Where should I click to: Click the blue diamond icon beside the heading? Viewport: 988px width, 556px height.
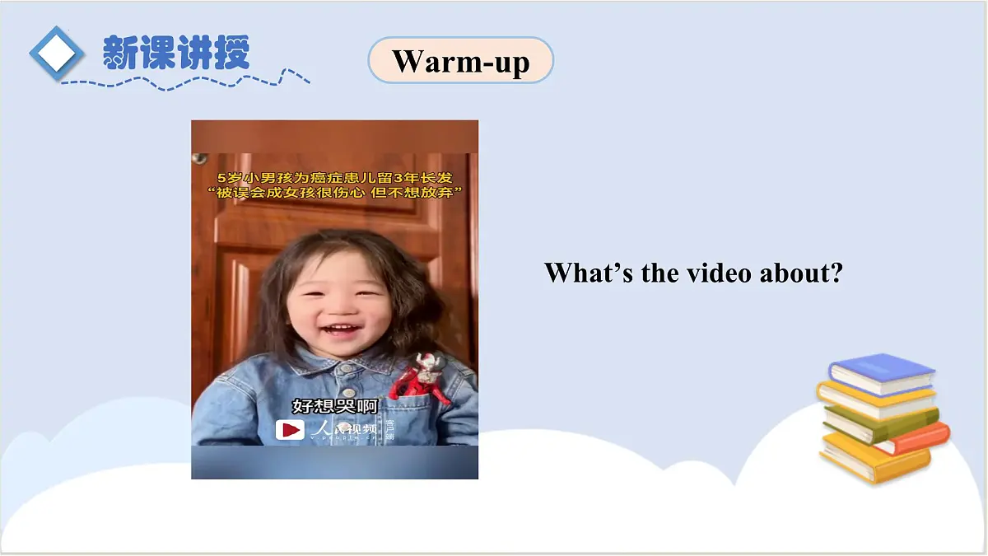pyautogui.click(x=57, y=53)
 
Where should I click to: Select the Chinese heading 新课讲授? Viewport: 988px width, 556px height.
pyautogui.click(x=175, y=53)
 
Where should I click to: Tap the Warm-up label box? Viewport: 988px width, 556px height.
pyautogui.click(x=460, y=60)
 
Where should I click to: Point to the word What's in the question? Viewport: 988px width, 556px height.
pyautogui.click(x=588, y=273)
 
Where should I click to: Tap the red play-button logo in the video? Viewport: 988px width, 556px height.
pyautogui.click(x=289, y=429)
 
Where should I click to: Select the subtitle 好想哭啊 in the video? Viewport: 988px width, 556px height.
pyautogui.click(x=334, y=406)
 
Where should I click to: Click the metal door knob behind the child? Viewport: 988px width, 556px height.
pyautogui.click(x=199, y=157)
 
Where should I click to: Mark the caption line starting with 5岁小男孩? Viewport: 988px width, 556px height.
pyautogui.click(x=334, y=177)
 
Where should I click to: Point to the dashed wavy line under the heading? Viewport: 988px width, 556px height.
pyautogui.click(x=185, y=81)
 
